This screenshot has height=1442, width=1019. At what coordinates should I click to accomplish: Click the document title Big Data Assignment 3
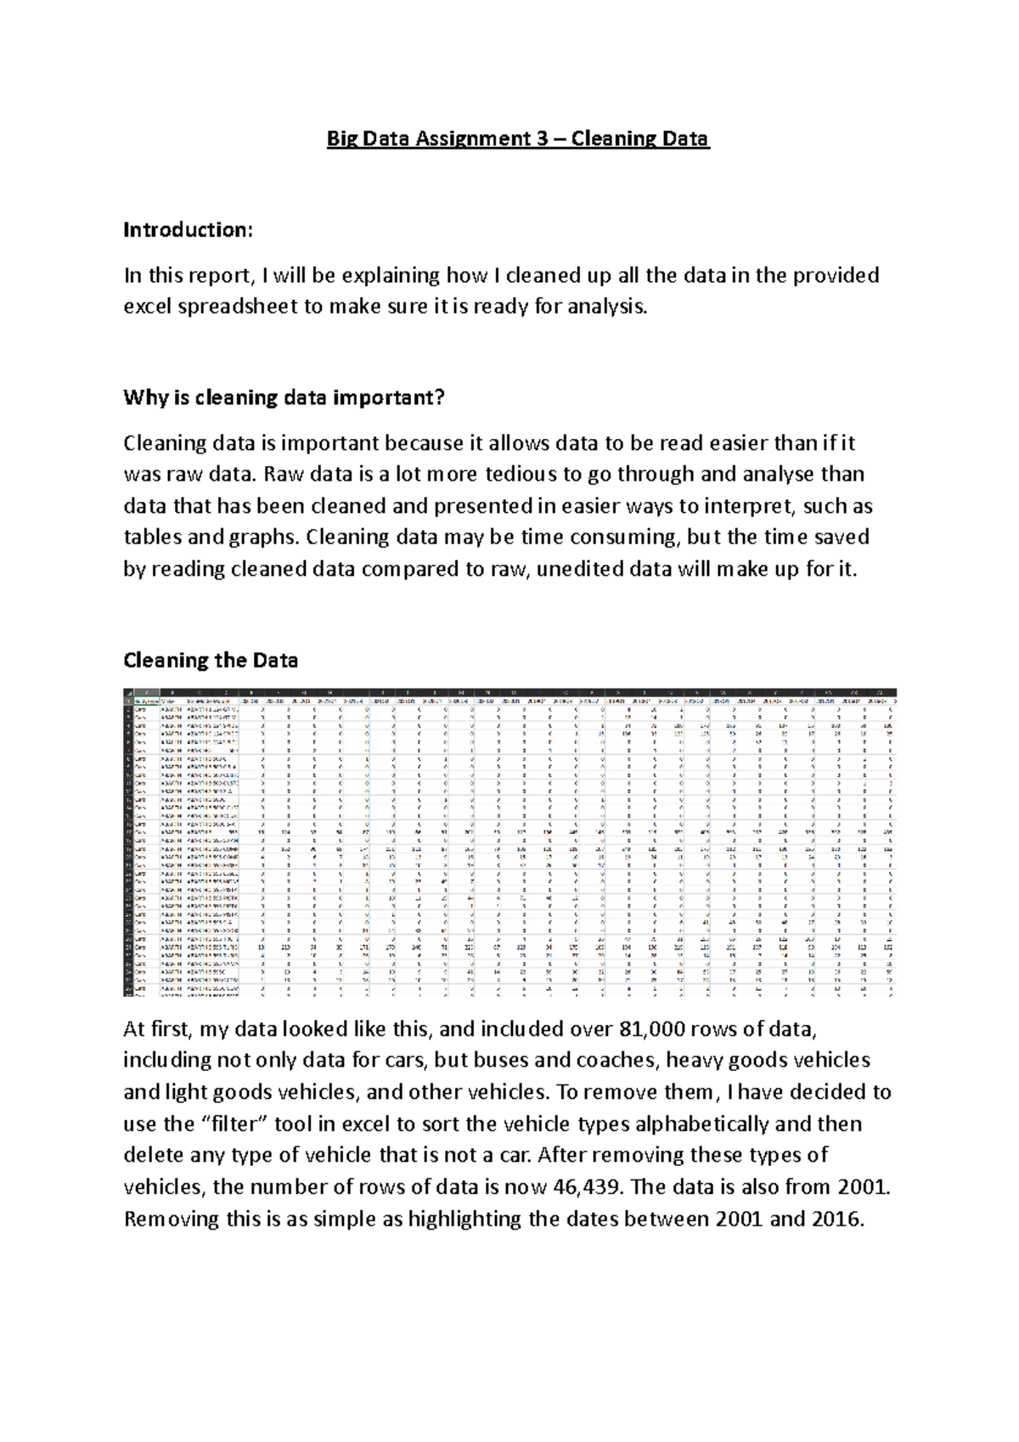point(517,138)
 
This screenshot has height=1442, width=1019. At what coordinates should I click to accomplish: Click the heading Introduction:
point(188,229)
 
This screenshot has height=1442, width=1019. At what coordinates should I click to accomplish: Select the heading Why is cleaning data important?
point(284,397)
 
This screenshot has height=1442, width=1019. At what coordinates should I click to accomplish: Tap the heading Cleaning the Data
point(210,660)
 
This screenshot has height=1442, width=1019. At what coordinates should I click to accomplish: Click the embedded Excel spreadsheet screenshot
point(509,842)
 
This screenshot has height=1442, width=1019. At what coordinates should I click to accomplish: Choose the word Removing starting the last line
point(172,1220)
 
